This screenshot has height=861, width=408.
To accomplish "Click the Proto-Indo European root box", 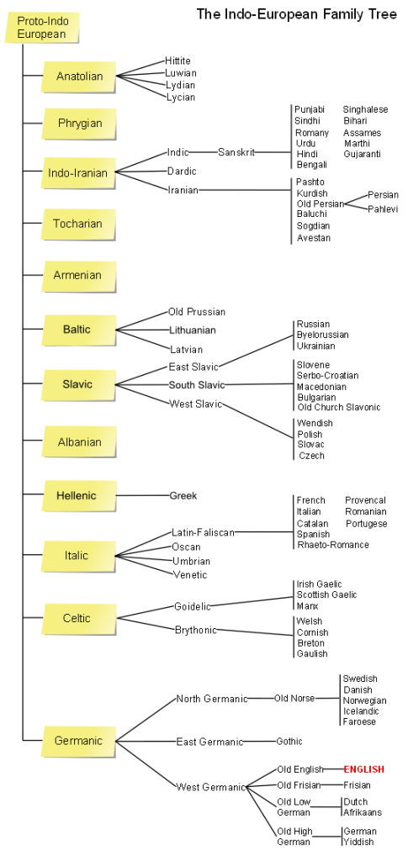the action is point(42,28).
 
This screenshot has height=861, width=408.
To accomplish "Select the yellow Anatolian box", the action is point(79,77).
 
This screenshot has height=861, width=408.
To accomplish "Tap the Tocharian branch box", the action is point(79,224).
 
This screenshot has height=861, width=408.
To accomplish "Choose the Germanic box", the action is point(79,741).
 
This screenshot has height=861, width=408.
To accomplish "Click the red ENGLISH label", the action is point(364,770).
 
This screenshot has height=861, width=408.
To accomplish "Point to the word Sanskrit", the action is point(236,152).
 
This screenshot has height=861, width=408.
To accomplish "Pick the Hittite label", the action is point(178,61).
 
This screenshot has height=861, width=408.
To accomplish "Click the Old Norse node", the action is point(295,699).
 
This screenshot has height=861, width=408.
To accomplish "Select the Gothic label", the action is point(289,742).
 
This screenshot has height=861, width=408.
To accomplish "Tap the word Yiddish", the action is point(358,842).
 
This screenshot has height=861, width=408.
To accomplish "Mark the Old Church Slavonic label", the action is point(339,407).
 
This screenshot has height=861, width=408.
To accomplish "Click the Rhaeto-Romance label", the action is point(333,545).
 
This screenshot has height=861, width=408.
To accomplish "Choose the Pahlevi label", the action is point(384,209).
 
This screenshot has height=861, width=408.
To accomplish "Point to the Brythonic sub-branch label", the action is point(196,630).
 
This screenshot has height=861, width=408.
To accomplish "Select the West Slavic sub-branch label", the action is point(195,404).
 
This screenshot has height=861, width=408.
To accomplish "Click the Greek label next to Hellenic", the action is point(183,495).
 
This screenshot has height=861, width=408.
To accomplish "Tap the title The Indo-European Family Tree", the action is point(296,14).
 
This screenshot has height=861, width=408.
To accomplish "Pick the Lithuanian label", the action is point(192,330).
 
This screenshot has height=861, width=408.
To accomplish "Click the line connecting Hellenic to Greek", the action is point(143,495).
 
